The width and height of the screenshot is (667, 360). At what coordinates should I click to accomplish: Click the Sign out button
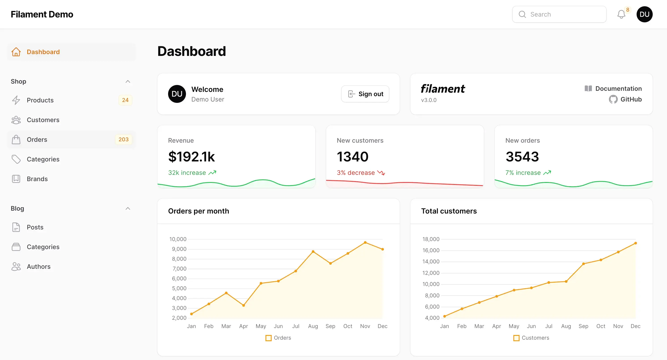pos(365,94)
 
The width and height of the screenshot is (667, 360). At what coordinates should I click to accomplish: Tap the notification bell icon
pos(621,14)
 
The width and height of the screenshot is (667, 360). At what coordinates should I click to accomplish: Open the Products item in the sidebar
pos(40,100)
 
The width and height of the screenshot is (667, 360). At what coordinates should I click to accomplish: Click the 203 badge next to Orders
pos(124,140)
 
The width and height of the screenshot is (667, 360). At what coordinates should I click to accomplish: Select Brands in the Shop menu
pos(37,179)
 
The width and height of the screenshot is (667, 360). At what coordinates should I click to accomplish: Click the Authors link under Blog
pos(39,267)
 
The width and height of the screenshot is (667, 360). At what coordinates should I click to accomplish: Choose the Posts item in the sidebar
pos(35,227)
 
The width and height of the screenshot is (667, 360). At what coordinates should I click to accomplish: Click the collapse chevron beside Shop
pos(128,82)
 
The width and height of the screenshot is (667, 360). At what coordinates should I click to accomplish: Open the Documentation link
pos(618,89)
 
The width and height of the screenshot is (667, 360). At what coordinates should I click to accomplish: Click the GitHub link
pos(631,100)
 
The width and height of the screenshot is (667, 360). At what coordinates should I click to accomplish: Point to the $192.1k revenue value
pos(191,157)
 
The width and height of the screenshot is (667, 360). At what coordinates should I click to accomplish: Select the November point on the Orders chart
pos(365,243)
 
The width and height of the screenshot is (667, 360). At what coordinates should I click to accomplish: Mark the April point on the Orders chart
pos(244,306)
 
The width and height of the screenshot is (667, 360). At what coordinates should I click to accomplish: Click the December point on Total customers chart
pos(635,243)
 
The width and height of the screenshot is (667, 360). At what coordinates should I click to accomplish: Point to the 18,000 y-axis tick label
pos(431,239)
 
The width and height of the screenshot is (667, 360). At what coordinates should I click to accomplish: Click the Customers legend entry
pos(535,338)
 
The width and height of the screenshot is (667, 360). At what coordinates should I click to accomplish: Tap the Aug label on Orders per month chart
pos(313,326)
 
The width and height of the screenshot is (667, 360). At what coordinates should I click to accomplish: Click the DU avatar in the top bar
pos(644,14)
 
